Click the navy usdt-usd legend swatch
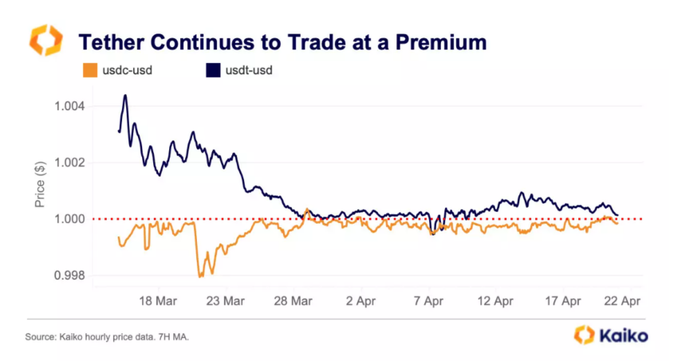click(212, 70)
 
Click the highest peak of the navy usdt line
click(125, 95)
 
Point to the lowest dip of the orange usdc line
click(200, 276)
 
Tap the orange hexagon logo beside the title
click(45, 40)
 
